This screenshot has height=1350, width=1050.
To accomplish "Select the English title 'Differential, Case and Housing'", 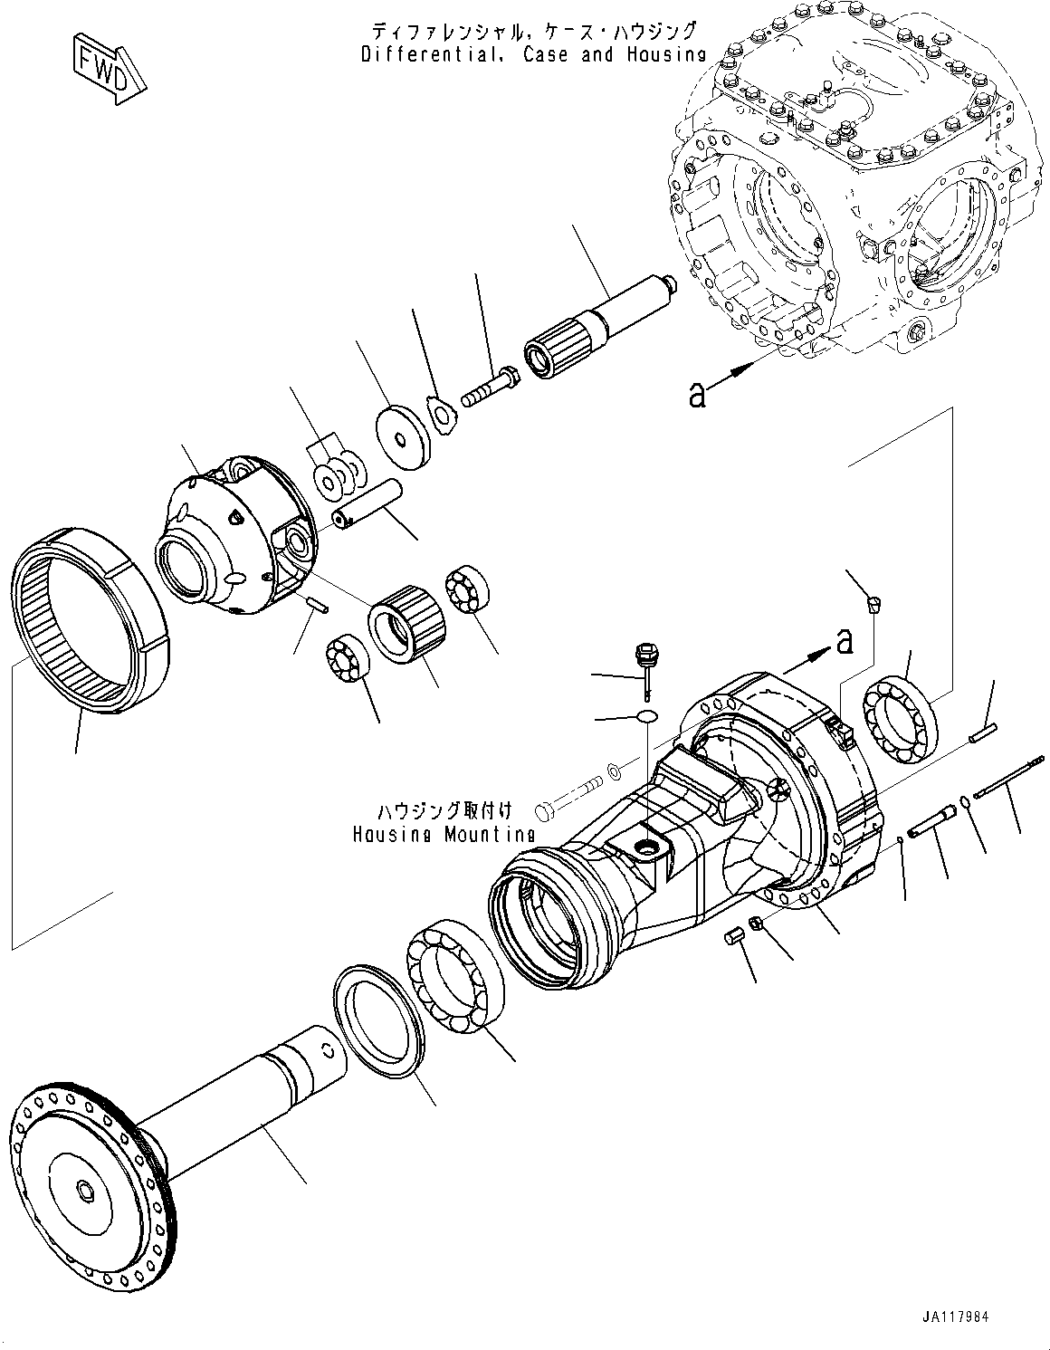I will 533,54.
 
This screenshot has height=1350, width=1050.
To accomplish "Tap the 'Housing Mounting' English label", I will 444,834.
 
